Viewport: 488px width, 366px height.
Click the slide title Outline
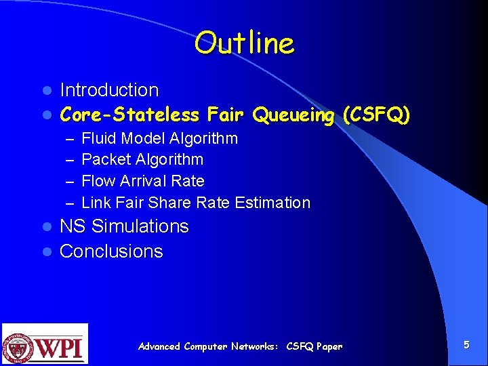pos(244,44)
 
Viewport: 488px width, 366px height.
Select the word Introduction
pos(109,90)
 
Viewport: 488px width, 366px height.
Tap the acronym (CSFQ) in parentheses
pos(376,115)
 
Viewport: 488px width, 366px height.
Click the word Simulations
pos(140,226)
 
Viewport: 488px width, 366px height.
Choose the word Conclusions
pos(111,251)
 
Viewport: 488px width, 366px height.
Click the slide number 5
pos(466,345)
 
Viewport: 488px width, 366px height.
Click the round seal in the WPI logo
pos(20,346)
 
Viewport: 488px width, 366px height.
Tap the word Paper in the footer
pos(329,346)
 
